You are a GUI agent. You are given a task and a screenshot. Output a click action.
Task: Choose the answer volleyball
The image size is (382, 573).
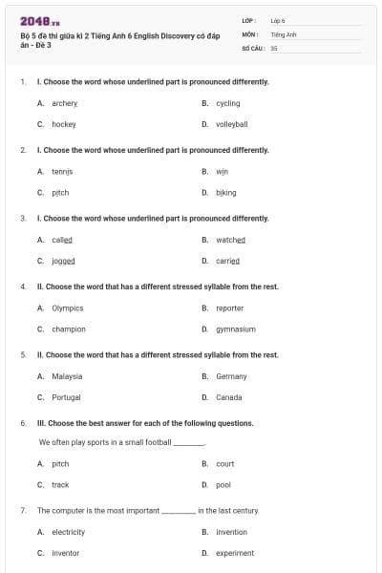click(232, 124)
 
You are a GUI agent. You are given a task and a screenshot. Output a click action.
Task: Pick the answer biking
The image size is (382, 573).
click(225, 192)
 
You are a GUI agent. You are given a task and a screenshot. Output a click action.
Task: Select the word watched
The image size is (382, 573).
click(230, 240)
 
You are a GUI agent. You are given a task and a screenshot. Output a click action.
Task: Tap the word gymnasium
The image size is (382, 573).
click(236, 329)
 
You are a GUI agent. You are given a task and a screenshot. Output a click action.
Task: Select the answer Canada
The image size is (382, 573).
click(229, 397)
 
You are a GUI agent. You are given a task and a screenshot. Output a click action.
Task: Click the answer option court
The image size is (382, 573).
click(225, 464)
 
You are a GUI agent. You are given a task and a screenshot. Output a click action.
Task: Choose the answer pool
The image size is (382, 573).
click(223, 485)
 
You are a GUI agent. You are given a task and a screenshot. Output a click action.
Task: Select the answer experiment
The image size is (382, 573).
click(235, 553)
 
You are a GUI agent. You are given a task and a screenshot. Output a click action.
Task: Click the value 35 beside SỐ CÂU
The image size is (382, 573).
click(274, 47)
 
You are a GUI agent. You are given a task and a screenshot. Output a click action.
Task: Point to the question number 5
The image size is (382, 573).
click(23, 355)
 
